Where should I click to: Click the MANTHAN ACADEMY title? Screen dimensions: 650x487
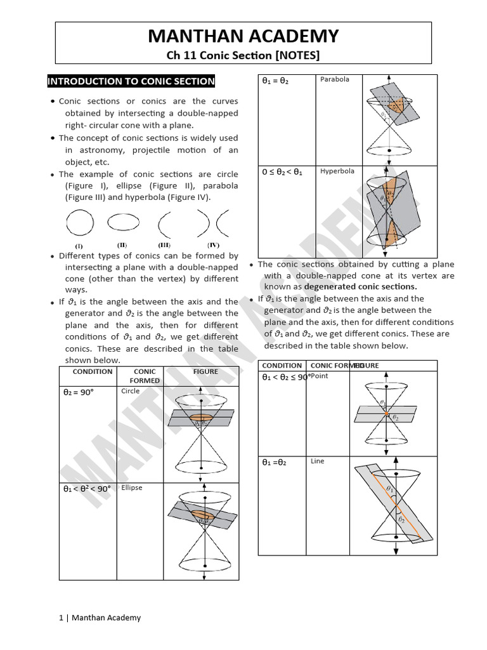click(x=243, y=36)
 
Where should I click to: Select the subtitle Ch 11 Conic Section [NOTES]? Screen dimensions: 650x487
click(x=243, y=55)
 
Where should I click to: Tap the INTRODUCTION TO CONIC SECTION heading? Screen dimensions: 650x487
click(x=131, y=81)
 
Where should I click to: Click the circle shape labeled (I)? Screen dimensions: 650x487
click(x=79, y=223)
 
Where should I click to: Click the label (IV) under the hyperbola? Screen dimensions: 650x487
click(x=213, y=244)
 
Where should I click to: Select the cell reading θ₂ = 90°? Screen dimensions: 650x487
click(x=78, y=392)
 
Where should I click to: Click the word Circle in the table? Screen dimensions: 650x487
click(x=131, y=391)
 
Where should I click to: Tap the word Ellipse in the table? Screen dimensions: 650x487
click(x=132, y=487)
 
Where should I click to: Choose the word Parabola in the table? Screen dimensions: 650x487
click(x=335, y=79)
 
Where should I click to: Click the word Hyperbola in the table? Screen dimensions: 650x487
click(x=337, y=171)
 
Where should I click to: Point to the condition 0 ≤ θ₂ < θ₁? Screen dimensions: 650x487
click(x=282, y=172)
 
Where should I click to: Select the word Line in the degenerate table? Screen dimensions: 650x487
click(x=318, y=461)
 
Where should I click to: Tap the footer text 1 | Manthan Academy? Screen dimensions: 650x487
click(x=100, y=617)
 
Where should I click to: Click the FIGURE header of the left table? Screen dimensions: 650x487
click(x=205, y=371)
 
